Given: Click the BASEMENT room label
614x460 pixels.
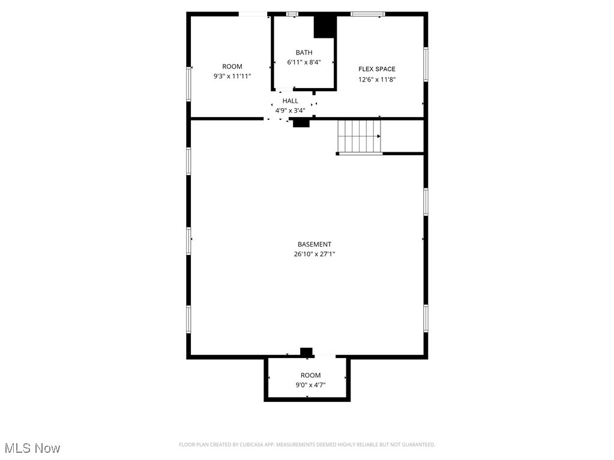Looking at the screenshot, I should click(314, 244).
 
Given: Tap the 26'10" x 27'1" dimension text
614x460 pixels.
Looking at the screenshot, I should click(314, 254).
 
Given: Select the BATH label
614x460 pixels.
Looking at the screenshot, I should click(304, 53).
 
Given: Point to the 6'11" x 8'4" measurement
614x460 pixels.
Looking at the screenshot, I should click(304, 62).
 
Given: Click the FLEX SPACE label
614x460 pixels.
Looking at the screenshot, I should click(377, 69).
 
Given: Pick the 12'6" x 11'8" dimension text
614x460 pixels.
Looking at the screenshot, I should click(377, 79).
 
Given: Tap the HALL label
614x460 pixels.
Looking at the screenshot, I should click(290, 101).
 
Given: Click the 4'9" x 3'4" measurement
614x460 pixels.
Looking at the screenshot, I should click(290, 110).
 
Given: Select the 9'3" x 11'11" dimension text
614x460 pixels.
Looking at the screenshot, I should click(232, 76).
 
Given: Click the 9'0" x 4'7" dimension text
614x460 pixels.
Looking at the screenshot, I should click(311, 385).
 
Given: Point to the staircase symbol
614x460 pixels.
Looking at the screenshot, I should click(359, 136).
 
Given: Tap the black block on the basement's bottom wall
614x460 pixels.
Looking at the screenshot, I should click(306, 351).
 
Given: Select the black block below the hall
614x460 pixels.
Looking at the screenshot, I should click(301, 123).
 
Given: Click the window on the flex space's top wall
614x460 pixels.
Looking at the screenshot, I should click(367, 14).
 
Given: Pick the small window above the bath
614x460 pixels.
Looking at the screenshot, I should click(292, 14).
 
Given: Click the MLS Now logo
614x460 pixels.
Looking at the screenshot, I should click(32, 448).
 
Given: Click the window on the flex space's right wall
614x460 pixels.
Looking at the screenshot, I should click(426, 64).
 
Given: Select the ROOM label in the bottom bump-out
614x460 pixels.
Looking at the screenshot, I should click(311, 375).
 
